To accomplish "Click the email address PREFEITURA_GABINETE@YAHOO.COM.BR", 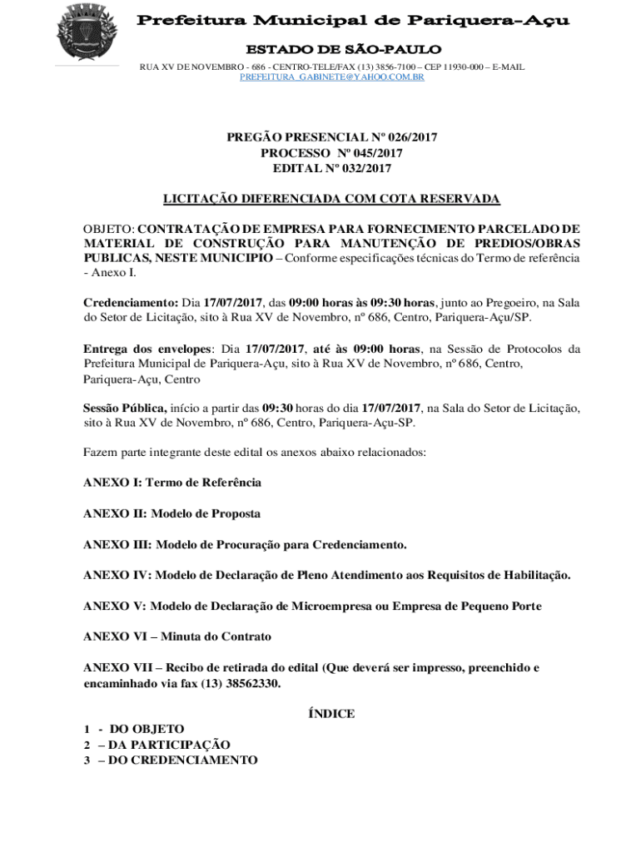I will pos(332,77).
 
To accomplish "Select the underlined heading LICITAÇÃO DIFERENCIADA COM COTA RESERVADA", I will pos(331,199).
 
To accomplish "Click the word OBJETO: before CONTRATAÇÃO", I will pos(109,228).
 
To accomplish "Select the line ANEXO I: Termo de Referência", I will pos(172,483).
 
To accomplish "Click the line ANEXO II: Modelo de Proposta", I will pos(172,513).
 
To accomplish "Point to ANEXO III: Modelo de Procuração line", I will pos(246,545).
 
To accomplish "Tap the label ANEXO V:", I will pos(116,607).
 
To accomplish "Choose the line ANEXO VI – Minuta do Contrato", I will pos(177,637).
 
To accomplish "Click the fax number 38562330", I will pos(251,683).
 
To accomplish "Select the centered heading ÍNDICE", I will pos(331,714).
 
